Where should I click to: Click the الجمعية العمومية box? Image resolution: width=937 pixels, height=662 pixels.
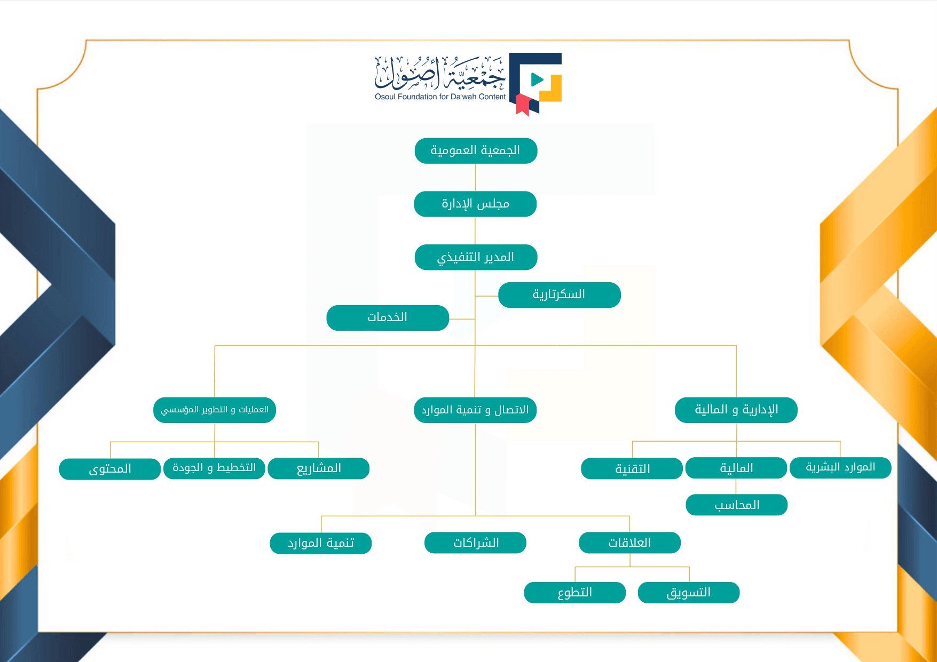476,151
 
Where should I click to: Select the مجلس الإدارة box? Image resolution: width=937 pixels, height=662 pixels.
475,204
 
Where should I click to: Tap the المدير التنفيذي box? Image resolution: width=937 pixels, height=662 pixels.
476,258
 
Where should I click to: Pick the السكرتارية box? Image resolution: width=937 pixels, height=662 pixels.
559,295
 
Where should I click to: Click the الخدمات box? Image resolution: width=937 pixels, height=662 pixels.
388,318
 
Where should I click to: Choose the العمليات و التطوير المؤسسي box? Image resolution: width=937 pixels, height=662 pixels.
215,410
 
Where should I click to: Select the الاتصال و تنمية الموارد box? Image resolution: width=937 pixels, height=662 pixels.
475,410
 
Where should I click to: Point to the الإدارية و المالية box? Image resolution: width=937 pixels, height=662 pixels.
736,410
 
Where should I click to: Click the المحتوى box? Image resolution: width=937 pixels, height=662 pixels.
110,469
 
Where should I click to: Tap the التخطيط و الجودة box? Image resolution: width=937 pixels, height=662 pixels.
214,468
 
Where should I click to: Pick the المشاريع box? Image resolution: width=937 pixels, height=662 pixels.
319,468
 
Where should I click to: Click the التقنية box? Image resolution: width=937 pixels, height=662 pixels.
632,469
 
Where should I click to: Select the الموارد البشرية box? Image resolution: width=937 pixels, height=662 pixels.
840,468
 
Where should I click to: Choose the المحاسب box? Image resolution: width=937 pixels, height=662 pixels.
737,505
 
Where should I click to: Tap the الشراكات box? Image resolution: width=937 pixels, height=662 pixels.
475,543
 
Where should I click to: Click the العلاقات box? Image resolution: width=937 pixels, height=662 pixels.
629,543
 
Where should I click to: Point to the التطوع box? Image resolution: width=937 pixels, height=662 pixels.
575,593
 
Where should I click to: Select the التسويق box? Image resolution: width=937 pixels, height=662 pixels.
689,593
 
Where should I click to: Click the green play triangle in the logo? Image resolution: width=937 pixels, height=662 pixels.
537,80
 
